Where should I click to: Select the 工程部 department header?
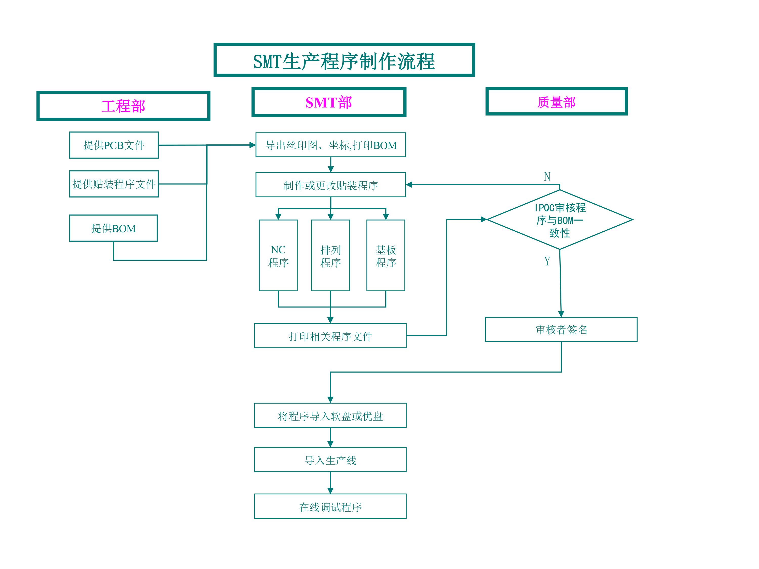point(123,106)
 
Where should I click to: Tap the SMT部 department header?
point(329,102)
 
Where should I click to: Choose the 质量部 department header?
point(556,101)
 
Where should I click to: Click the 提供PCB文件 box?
point(114,145)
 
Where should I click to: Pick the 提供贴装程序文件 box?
point(114,184)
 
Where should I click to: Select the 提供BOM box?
point(113,228)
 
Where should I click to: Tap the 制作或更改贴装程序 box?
point(330,185)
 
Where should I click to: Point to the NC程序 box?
point(278,255)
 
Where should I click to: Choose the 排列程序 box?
point(330,255)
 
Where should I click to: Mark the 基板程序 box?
point(386,255)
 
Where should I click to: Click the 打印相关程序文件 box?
point(330,336)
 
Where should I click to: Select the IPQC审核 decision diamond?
point(560,220)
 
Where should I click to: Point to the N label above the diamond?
point(547,176)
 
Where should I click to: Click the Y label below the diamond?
point(547,261)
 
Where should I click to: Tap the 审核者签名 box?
point(561,329)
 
